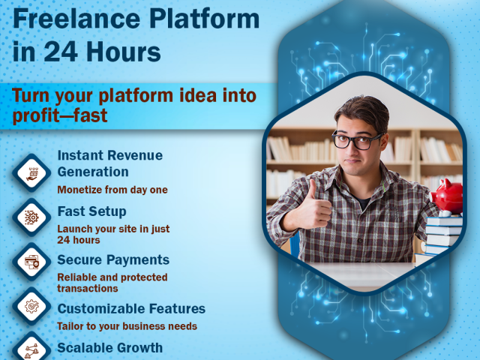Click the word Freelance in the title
pos(76,19)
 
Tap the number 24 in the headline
pos(61,52)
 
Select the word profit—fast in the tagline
pos(60,115)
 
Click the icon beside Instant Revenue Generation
pos(31,173)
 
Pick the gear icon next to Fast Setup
pos(31,217)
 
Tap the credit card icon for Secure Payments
pos(31,262)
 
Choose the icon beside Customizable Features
pos(31,306)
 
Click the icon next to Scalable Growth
pos(31,347)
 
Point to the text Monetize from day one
pos(112,190)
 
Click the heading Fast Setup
pos(91,211)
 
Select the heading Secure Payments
pos(113,260)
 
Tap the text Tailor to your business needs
pos(127,326)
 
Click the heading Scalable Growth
pos(110,348)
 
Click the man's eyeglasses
pos(358,140)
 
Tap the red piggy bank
pos(448,196)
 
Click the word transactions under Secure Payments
pos(88,289)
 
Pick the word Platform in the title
pos(205,19)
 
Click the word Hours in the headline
pos(123,52)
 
